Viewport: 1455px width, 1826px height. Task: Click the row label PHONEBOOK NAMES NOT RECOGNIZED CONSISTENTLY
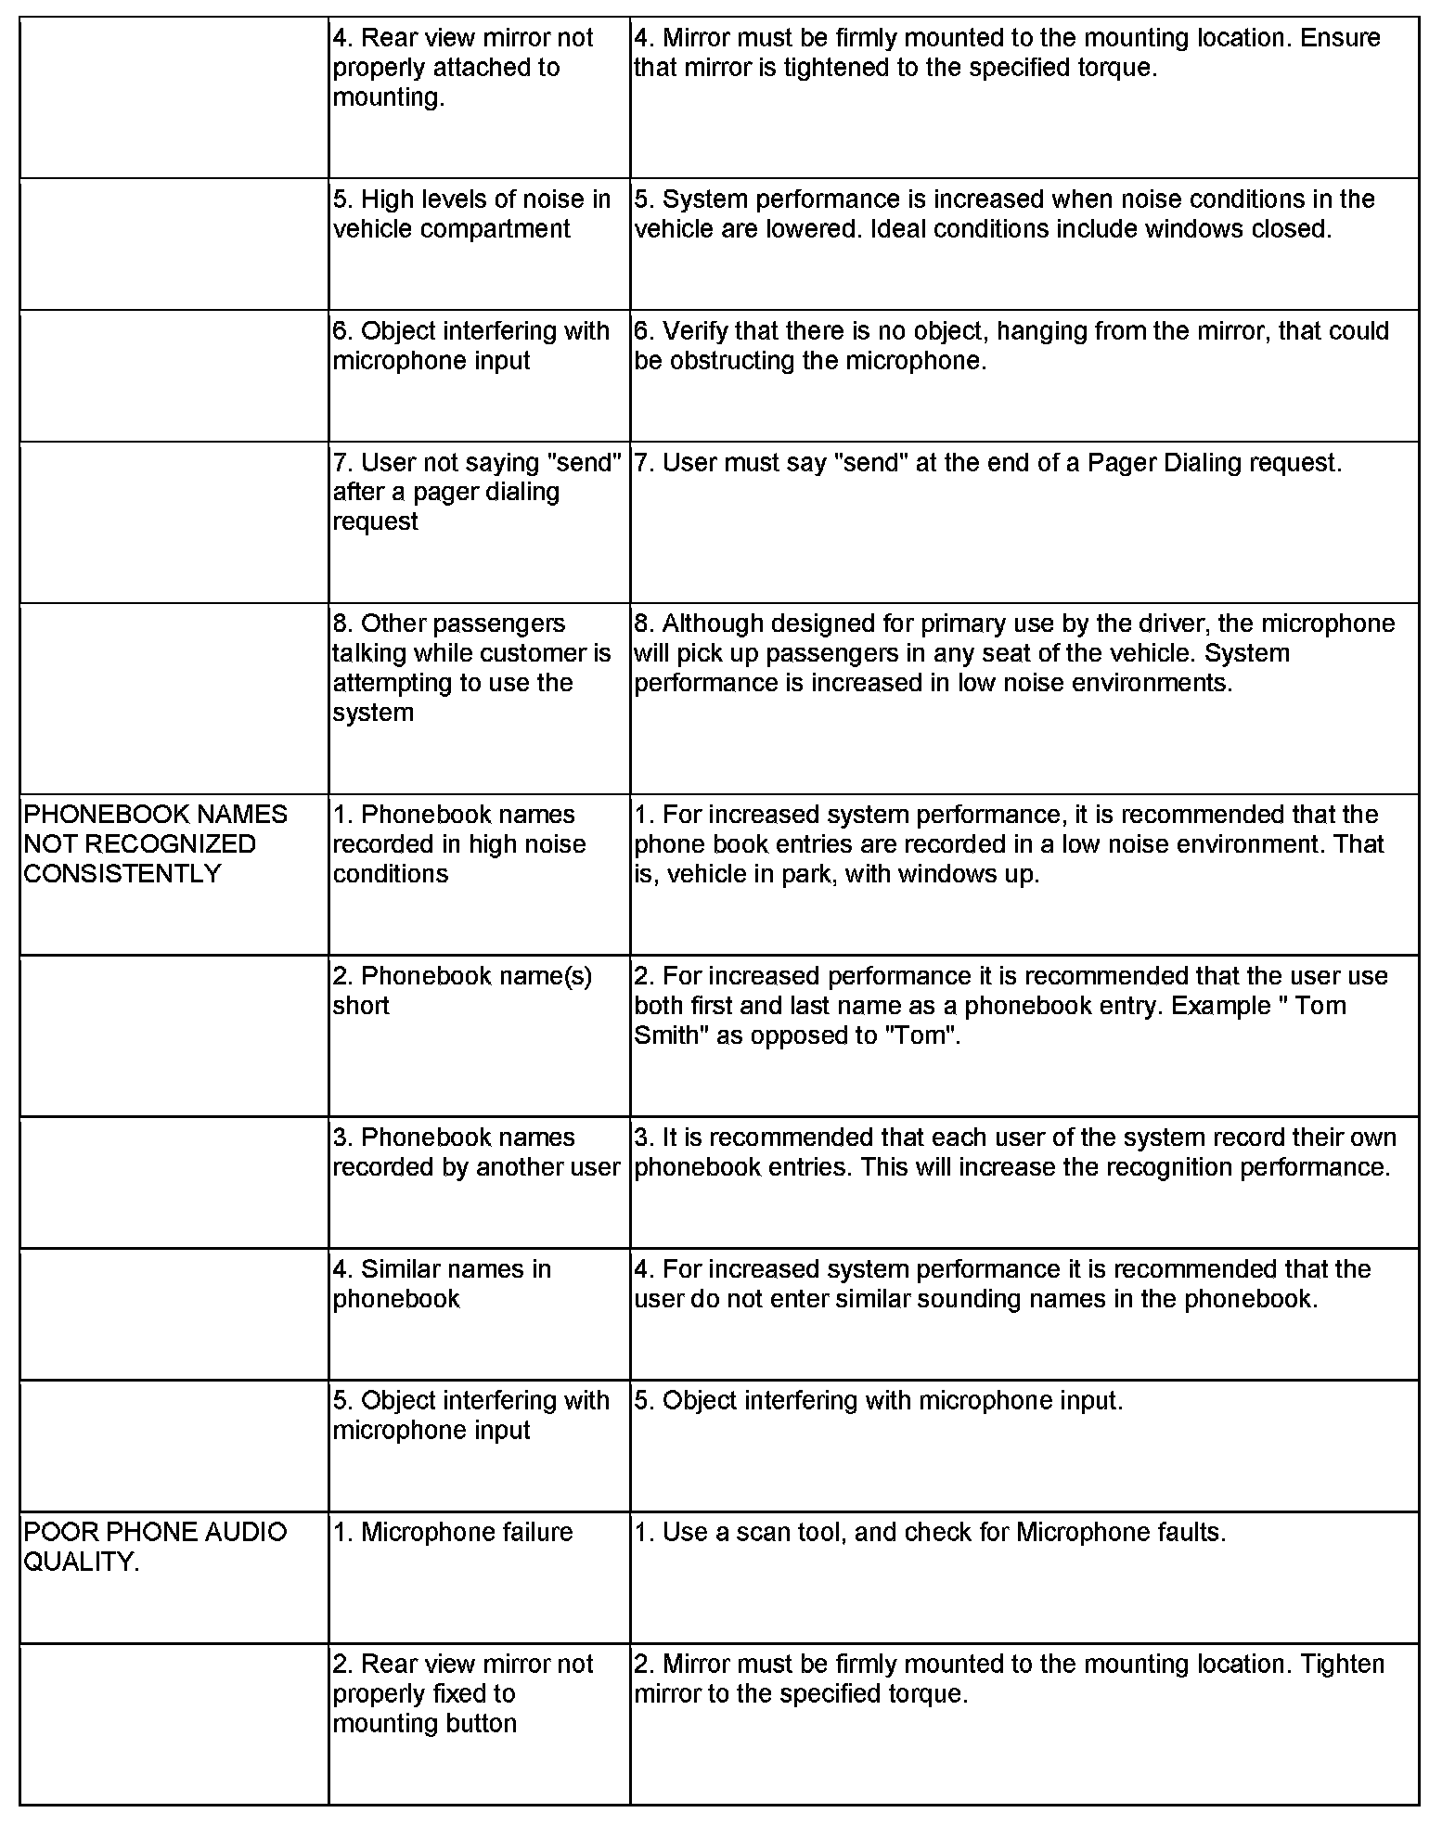(155, 843)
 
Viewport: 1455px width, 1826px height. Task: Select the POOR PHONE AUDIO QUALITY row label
(155, 1547)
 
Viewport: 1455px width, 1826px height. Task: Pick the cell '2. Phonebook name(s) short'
(462, 991)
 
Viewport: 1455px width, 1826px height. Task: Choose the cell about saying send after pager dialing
(475, 492)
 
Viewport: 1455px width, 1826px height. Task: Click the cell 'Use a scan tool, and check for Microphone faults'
(930, 1532)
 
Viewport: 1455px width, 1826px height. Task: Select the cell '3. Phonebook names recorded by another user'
(475, 1152)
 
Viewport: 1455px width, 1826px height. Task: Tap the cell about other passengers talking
(471, 668)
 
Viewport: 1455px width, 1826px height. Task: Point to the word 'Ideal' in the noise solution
(902, 229)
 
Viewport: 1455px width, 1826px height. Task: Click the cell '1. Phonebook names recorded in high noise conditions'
(458, 843)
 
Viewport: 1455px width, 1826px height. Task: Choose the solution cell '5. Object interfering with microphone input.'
(878, 1400)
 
